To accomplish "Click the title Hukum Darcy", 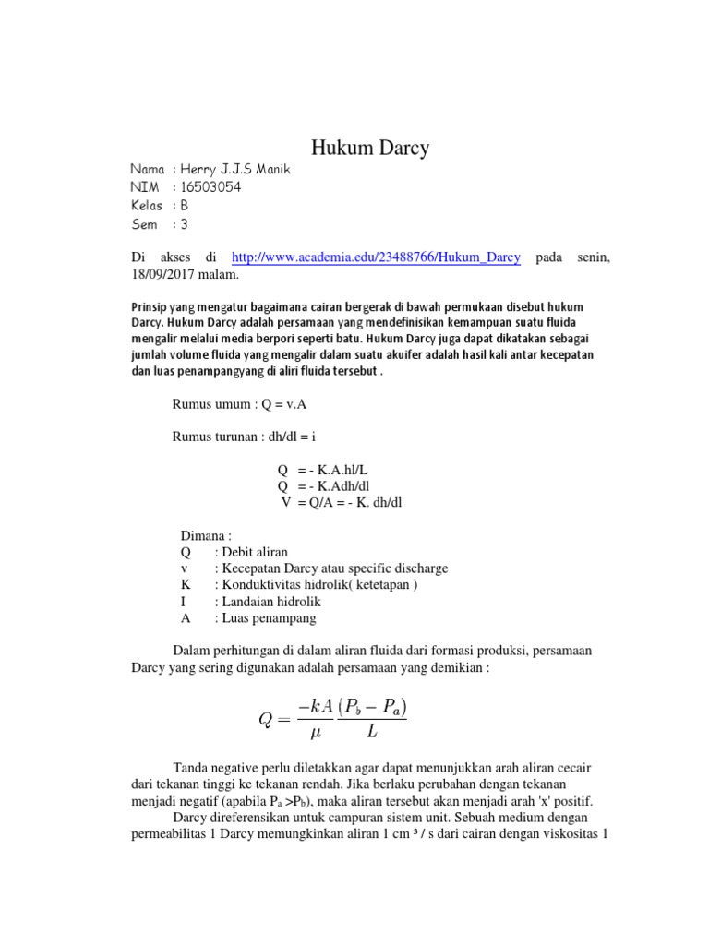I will tap(369, 149).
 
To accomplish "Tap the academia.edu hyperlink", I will tap(376, 257).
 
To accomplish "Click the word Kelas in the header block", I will tap(147, 206).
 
